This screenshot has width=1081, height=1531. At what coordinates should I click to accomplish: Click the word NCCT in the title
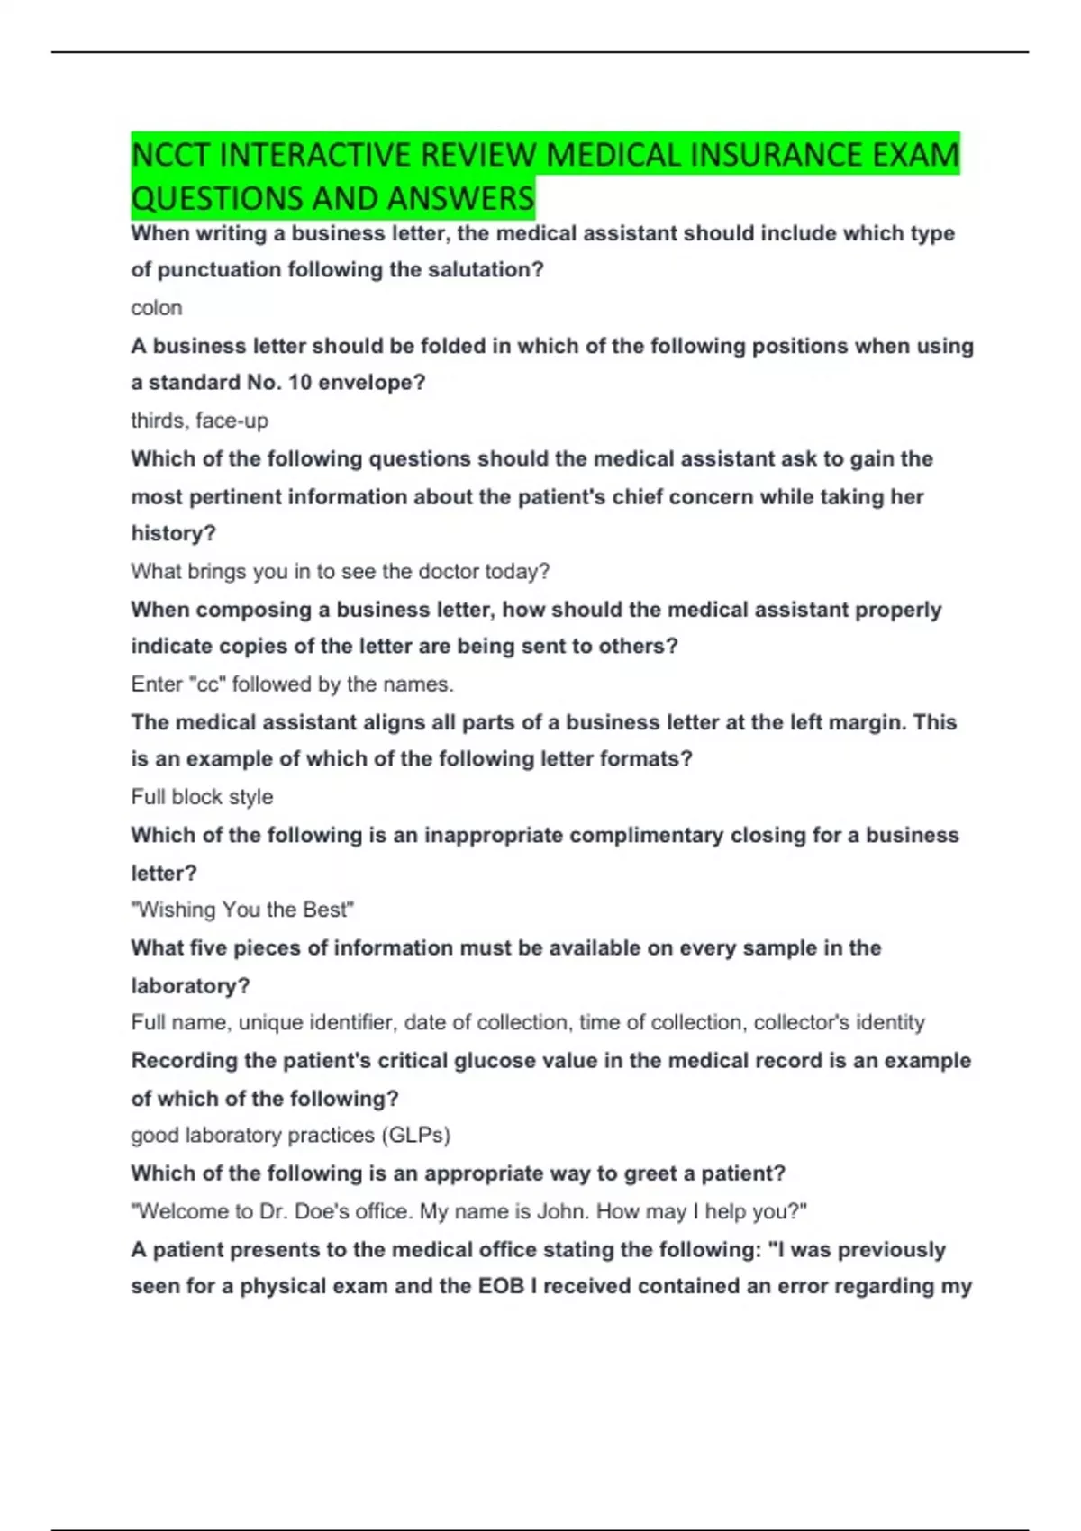coord(170,155)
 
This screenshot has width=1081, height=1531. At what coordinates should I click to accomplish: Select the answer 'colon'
coord(157,308)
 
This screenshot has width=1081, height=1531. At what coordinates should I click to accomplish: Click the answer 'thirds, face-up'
coord(199,421)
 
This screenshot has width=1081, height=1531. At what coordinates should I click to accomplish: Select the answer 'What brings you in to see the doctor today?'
coord(340,572)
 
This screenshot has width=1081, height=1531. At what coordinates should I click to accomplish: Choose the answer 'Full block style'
coord(202,797)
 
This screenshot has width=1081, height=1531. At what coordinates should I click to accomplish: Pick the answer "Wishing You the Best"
coord(242,910)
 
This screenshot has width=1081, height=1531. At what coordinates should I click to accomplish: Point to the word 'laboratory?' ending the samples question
coord(190,986)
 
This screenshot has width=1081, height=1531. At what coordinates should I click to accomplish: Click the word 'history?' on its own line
coord(173,534)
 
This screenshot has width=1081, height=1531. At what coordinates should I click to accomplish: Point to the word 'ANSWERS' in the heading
coord(468,198)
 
